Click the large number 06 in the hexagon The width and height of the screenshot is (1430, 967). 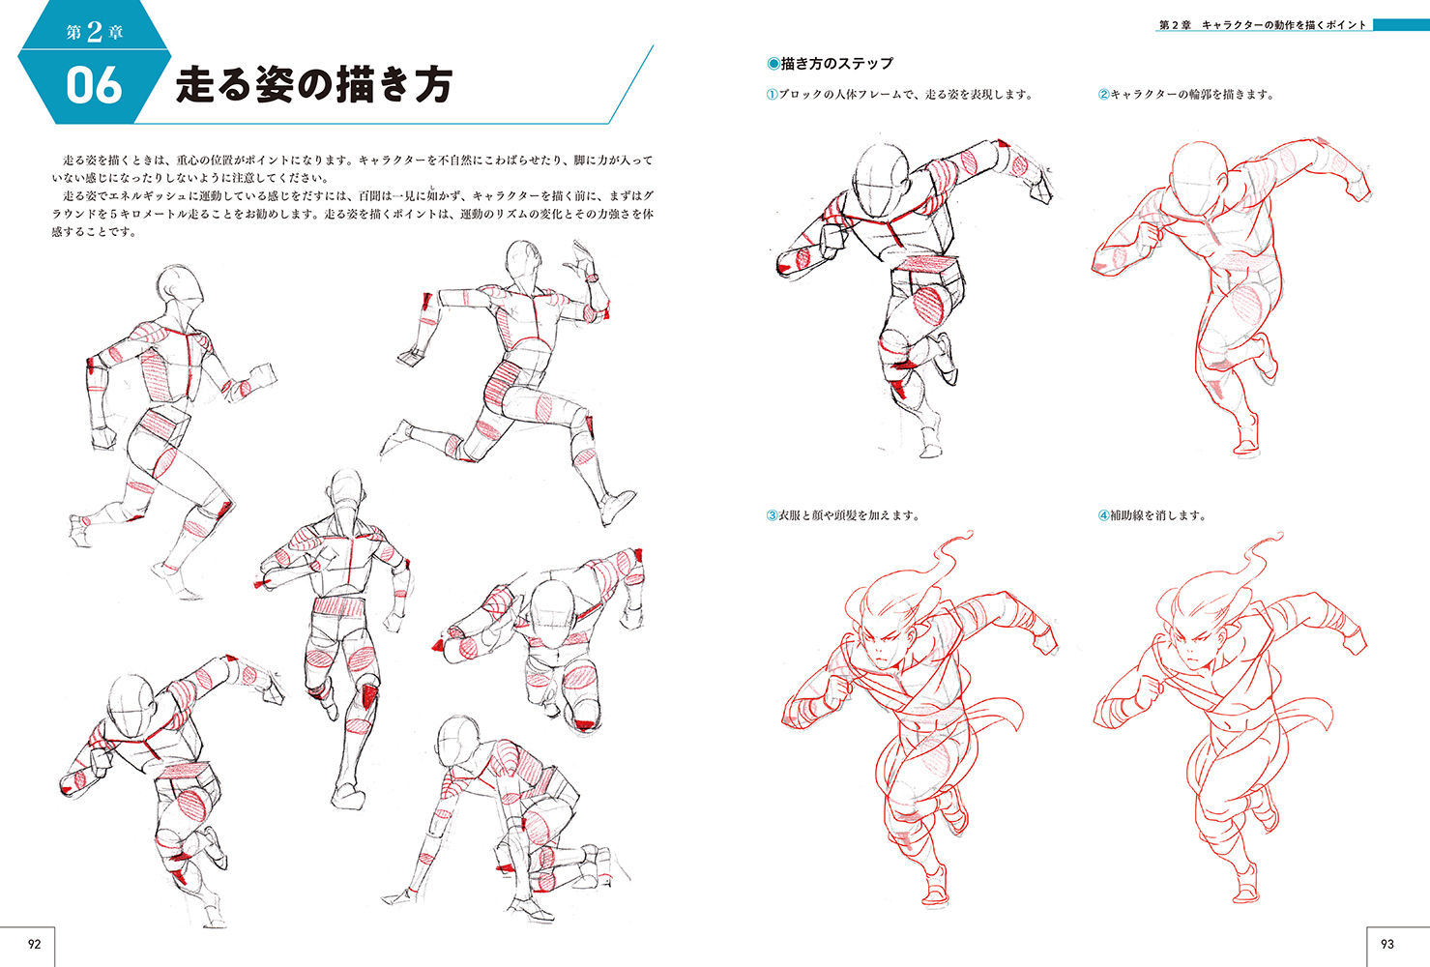94,85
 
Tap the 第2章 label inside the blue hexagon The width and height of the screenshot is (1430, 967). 95,31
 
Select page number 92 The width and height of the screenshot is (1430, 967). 35,944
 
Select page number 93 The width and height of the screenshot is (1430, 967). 1387,944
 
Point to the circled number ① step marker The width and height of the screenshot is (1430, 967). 772,95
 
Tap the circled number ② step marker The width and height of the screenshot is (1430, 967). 1104,95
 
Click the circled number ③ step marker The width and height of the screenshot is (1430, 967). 772,515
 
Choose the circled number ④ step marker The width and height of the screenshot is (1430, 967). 1104,515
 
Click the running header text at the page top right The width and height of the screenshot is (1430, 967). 1263,25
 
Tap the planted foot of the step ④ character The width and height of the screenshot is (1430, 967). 1245,891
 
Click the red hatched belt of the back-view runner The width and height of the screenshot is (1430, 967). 337,605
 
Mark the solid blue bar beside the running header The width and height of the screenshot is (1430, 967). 1401,25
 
